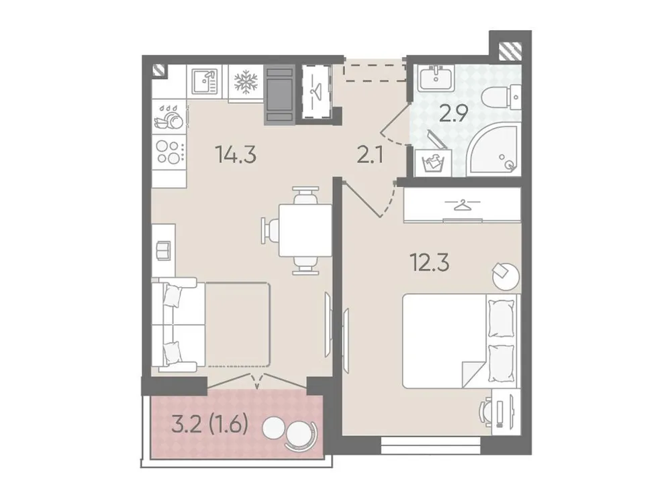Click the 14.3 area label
(236, 155)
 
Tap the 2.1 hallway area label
(371, 156)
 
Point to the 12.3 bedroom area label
(430, 262)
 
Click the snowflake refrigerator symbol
(246, 82)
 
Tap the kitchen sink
(205, 82)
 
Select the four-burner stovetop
(168, 152)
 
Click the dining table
(305, 230)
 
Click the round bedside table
(505, 274)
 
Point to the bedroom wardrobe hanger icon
(462, 204)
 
